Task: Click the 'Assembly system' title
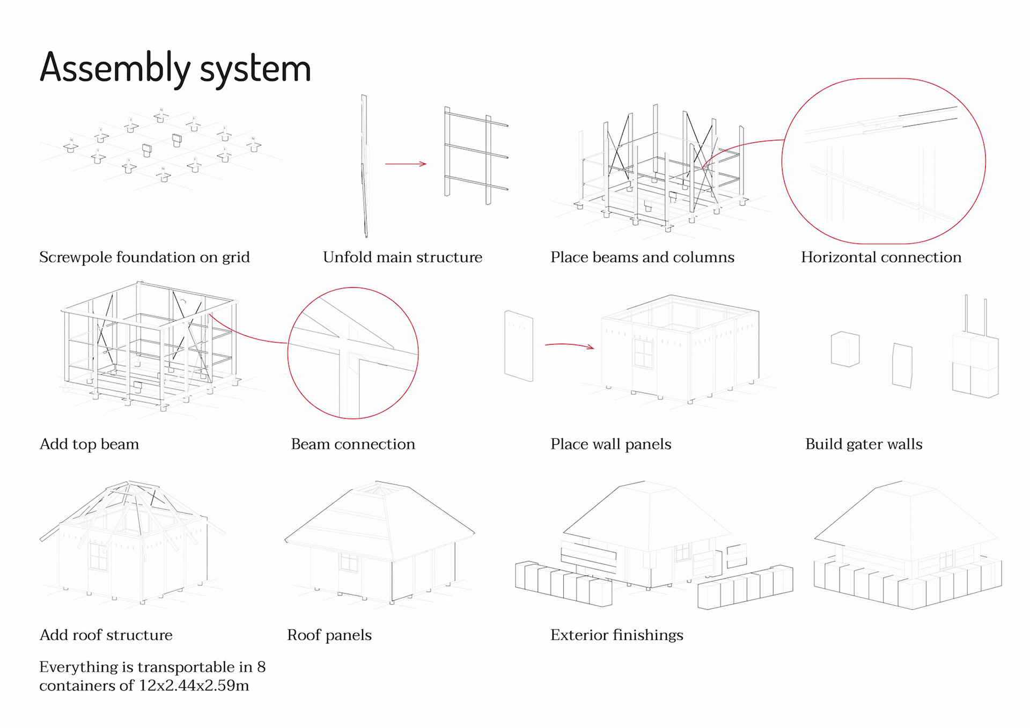click(x=175, y=68)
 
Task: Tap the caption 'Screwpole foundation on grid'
click(x=144, y=257)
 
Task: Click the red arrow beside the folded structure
click(x=406, y=164)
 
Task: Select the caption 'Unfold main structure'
click(x=402, y=257)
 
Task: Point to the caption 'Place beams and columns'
click(x=642, y=257)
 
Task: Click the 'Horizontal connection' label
click(x=881, y=257)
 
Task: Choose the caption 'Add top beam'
click(x=89, y=444)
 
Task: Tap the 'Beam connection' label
click(x=352, y=444)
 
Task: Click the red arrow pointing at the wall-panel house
click(x=569, y=345)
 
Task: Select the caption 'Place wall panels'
click(x=610, y=444)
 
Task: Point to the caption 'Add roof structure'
click(x=106, y=635)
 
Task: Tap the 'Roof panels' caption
click(x=329, y=635)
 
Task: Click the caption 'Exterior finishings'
click(x=616, y=635)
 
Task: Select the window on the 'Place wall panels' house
click(x=643, y=353)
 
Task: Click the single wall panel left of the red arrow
click(x=519, y=346)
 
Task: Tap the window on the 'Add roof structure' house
click(x=98, y=557)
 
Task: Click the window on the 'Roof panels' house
click(x=349, y=562)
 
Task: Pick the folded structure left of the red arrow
click(x=364, y=166)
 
